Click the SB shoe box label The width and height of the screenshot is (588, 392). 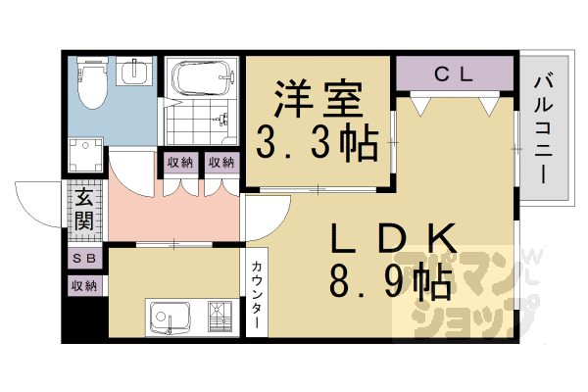(83, 258)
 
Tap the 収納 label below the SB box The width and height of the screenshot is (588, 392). (83, 285)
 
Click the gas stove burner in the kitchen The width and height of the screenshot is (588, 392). (219, 318)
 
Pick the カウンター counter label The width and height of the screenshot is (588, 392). (256, 290)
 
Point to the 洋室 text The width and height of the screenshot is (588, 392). (317, 100)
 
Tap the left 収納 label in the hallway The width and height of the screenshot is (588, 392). (179, 163)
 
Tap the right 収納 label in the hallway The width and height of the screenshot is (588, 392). (220, 163)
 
